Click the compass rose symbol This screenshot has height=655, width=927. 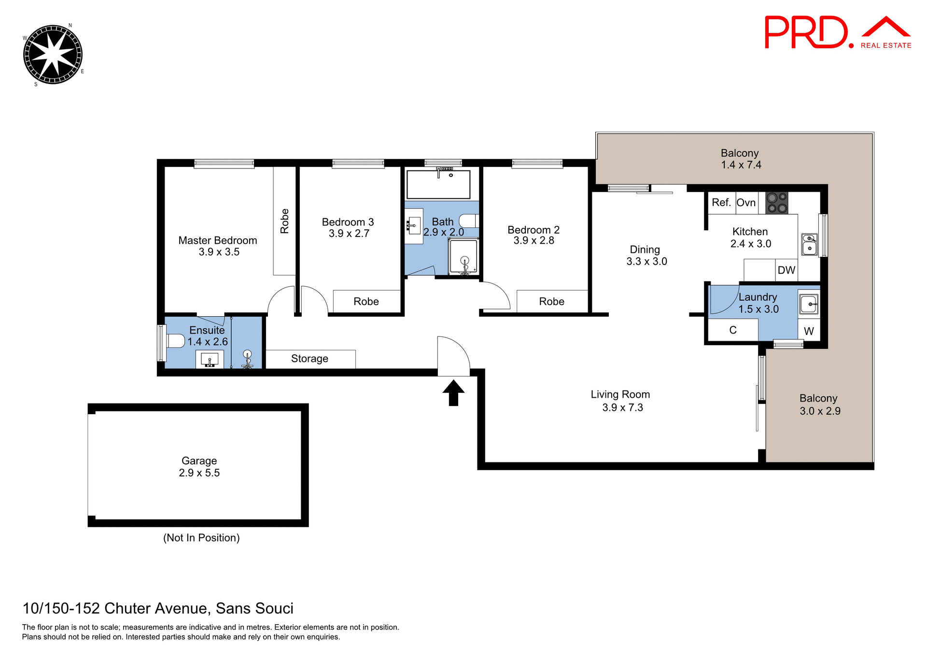pyautogui.click(x=53, y=55)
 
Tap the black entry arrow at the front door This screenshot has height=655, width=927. pyautogui.click(x=453, y=392)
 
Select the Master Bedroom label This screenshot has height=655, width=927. pyautogui.click(x=217, y=240)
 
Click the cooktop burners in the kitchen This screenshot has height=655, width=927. pyautogui.click(x=777, y=203)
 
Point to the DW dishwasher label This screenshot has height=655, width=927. pyautogui.click(x=786, y=270)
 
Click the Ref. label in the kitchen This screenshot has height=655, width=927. pyautogui.click(x=721, y=203)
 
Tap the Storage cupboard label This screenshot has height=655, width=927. pyautogui.click(x=309, y=359)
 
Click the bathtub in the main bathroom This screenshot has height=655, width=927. pyautogui.click(x=438, y=184)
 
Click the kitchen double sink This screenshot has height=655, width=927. pyautogui.click(x=809, y=244)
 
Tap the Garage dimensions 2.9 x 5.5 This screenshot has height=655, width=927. pyautogui.click(x=199, y=473)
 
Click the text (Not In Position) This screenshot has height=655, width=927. pyautogui.click(x=201, y=538)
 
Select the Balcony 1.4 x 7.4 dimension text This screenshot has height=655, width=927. pyautogui.click(x=741, y=165)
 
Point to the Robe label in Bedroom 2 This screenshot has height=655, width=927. pyautogui.click(x=551, y=302)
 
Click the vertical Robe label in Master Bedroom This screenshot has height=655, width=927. pyautogui.click(x=284, y=221)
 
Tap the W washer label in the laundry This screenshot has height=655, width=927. pyautogui.click(x=809, y=331)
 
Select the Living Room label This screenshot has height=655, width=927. pyautogui.click(x=620, y=394)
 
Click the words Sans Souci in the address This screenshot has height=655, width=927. pyautogui.click(x=254, y=608)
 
